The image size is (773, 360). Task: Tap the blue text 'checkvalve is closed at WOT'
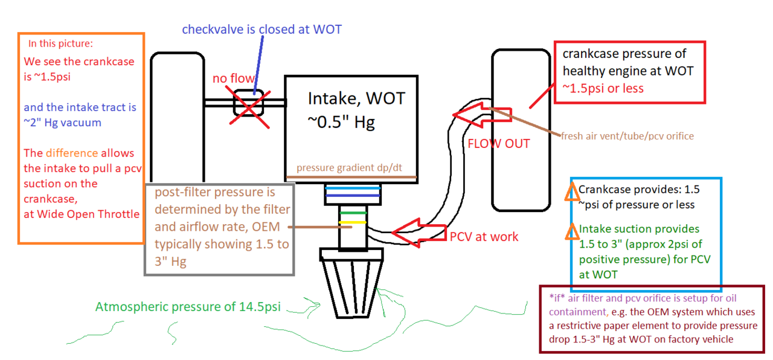(x=261, y=30)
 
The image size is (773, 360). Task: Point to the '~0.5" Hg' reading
(x=341, y=122)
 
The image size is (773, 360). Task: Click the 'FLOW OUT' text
(x=498, y=144)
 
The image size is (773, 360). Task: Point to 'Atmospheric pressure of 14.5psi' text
(x=188, y=307)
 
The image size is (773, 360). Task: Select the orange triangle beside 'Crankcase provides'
(x=572, y=191)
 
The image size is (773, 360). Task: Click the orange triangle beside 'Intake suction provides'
(x=572, y=231)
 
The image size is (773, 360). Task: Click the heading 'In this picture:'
(x=60, y=44)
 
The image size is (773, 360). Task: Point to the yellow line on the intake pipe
(x=353, y=222)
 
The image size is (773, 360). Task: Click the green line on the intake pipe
(x=353, y=213)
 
